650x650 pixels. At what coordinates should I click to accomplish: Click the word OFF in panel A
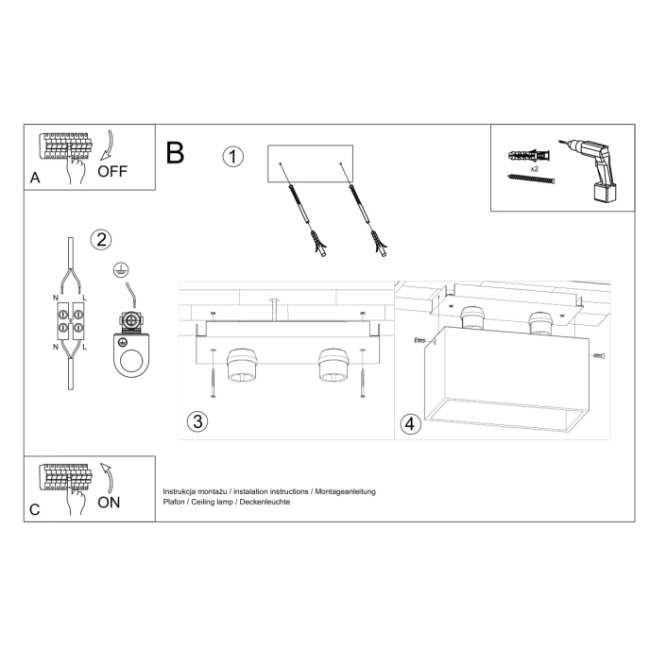(111, 171)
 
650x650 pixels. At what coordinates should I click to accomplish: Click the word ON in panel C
(109, 502)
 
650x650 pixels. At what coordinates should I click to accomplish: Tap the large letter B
(175, 153)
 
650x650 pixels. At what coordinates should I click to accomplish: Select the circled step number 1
(233, 157)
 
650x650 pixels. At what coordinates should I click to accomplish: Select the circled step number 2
(101, 239)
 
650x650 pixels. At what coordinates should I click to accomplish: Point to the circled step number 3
(197, 421)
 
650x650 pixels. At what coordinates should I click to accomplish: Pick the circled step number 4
(409, 424)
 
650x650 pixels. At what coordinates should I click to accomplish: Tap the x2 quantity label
(535, 167)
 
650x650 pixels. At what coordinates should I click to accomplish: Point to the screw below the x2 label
(529, 179)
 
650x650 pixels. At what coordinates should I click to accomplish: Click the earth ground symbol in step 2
(120, 271)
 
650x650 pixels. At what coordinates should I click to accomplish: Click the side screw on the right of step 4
(598, 355)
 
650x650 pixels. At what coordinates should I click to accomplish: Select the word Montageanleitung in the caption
(344, 491)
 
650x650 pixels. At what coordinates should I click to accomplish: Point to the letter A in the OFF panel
(35, 177)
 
